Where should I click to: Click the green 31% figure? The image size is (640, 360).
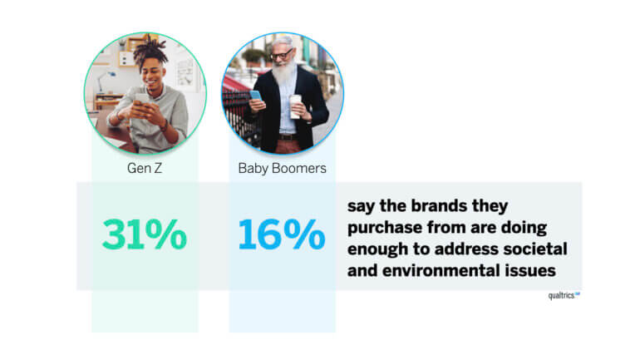tap(145, 234)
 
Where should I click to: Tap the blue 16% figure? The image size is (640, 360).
tap(282, 234)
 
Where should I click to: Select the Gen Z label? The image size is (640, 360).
tap(145, 168)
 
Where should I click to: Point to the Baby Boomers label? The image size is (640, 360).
tap(282, 169)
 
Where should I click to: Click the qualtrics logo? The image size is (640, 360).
tap(564, 295)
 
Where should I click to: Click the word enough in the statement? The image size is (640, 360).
tap(377, 249)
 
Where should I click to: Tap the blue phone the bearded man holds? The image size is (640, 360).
tap(256, 96)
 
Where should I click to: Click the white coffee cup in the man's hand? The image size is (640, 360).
tap(295, 106)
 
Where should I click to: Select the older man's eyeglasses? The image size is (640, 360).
tap(282, 54)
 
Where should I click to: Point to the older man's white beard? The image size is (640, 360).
tap(283, 74)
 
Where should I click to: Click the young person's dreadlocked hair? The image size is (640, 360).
tap(150, 52)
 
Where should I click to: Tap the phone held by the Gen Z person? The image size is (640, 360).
tap(143, 99)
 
